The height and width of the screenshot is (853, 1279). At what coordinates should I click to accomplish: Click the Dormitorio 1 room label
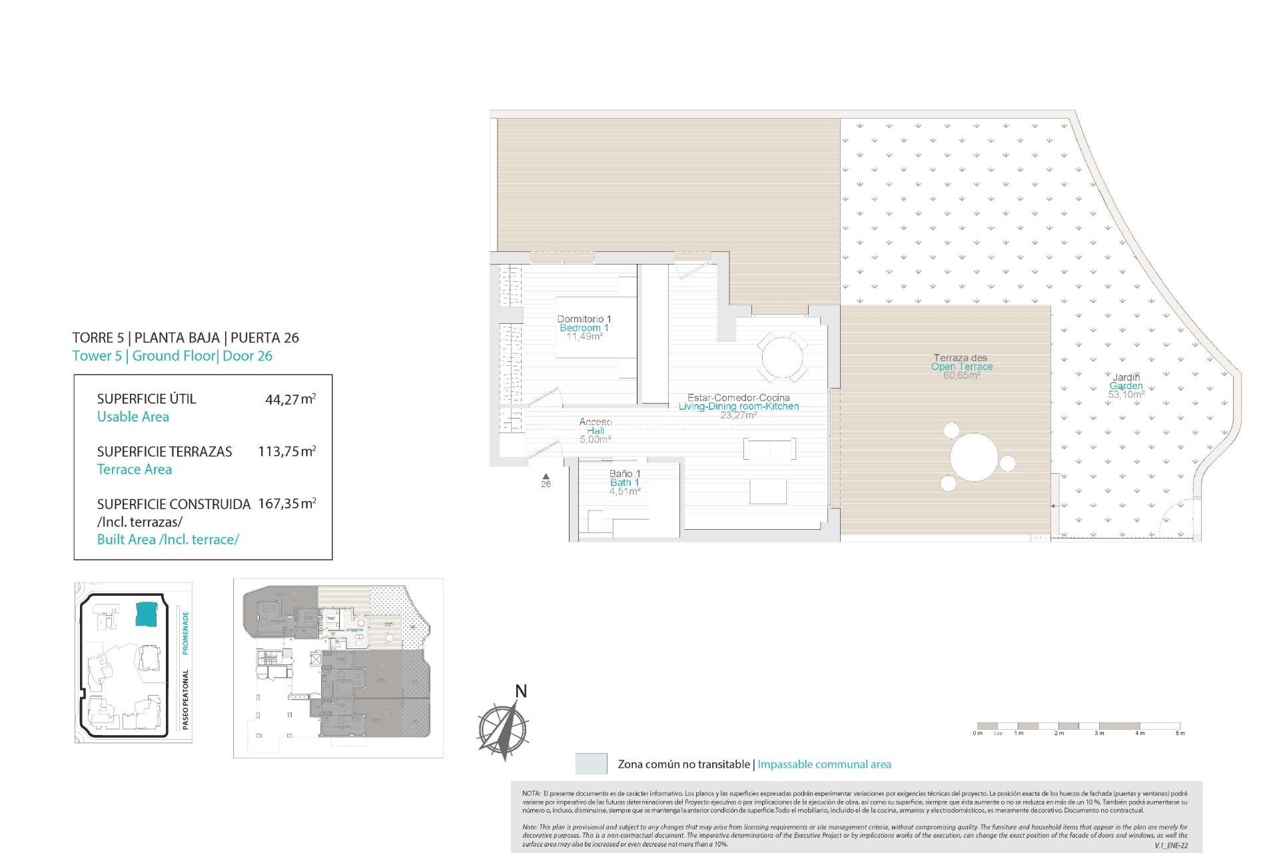584,319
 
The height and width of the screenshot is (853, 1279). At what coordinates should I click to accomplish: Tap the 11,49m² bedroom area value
584,337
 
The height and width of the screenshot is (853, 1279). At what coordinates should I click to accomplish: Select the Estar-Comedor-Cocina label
738,398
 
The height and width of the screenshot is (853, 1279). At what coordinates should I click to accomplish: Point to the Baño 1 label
624,474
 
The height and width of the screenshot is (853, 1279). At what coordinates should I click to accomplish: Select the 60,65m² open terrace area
961,376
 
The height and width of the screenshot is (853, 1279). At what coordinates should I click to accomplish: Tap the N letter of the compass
521,691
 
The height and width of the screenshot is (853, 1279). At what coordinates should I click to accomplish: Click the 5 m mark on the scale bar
1180,733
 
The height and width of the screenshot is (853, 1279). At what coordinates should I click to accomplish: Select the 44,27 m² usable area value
290,399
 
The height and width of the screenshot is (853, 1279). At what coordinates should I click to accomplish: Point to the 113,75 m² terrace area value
286,451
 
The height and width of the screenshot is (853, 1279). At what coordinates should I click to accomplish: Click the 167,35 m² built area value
286,504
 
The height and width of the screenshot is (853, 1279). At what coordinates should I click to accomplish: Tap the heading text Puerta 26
264,338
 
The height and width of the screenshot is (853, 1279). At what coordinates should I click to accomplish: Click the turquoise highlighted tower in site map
147,613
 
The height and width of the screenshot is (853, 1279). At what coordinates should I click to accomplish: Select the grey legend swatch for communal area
591,764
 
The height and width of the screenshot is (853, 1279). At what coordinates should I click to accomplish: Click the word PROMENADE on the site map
186,632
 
